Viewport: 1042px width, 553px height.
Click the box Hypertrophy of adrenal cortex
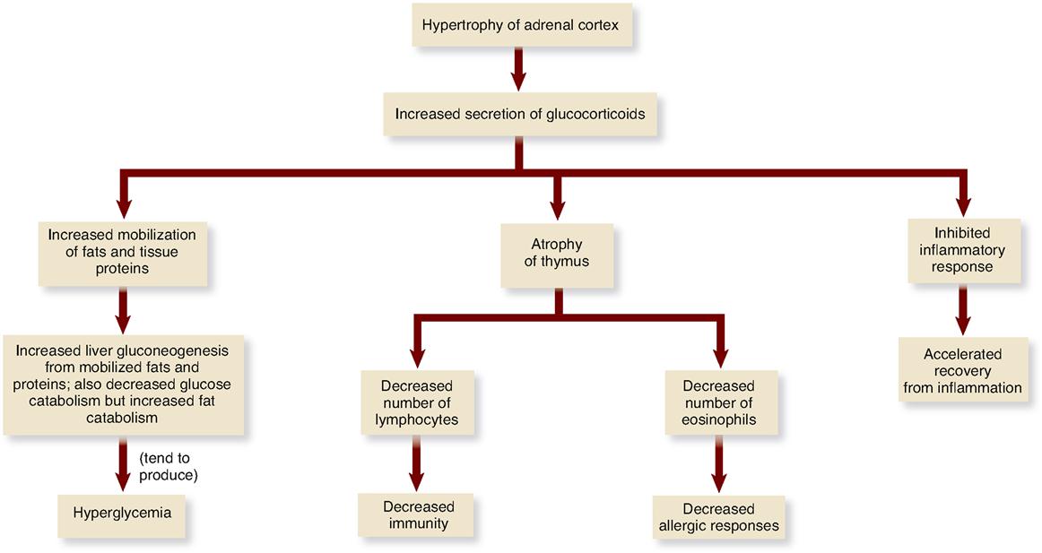[521, 27]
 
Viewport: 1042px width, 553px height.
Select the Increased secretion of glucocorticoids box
[519, 115]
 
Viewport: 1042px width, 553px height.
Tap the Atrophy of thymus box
[556, 253]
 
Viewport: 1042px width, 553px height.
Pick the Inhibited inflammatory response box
[962, 250]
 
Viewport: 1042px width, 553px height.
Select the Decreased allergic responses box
[718, 517]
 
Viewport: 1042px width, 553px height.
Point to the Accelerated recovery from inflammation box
[961, 371]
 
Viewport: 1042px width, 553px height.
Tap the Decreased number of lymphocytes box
[418, 402]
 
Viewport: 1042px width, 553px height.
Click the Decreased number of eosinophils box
[718, 402]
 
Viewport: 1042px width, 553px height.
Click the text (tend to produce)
[168, 465]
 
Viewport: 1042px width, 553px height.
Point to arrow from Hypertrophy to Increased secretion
[518, 69]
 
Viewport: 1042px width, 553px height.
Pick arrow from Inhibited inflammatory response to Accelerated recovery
[962, 310]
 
